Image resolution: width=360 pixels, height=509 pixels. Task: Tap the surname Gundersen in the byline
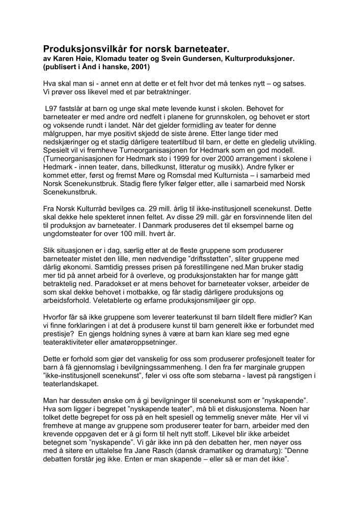pyautogui.click(x=223, y=59)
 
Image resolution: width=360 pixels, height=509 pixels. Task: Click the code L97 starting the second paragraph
pyautogui.click(x=51, y=108)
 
